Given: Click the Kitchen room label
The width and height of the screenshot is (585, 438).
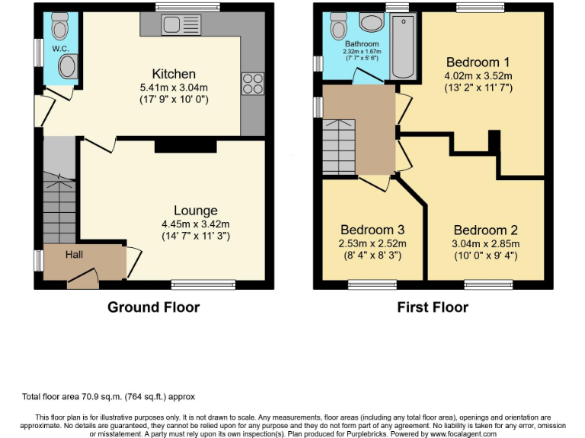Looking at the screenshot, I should [x=174, y=74].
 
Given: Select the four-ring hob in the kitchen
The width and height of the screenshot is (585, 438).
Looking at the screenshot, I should [x=251, y=82].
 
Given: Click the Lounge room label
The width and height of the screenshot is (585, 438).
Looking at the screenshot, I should [x=195, y=211].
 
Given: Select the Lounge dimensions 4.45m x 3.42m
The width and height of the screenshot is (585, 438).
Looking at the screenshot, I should [x=195, y=224].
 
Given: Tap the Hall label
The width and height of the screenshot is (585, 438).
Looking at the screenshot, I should [x=74, y=254].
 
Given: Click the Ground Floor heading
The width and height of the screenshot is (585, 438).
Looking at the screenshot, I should [x=153, y=307].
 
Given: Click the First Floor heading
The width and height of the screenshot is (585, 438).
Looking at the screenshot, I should [x=432, y=307].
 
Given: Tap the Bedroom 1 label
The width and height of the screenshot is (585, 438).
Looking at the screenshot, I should [x=478, y=62].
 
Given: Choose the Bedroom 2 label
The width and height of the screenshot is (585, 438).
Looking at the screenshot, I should [x=485, y=230].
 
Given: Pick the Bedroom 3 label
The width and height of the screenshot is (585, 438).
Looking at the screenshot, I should [x=372, y=230].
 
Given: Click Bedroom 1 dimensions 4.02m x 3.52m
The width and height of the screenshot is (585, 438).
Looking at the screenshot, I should [x=478, y=75].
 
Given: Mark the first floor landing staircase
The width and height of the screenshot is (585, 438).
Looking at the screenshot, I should [x=338, y=146].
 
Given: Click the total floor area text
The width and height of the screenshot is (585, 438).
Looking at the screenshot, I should [x=113, y=396].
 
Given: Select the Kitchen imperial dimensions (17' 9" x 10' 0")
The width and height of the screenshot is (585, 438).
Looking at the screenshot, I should [x=174, y=99].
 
